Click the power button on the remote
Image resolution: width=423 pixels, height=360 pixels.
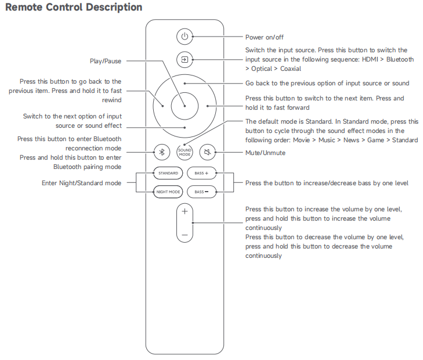point(185,37)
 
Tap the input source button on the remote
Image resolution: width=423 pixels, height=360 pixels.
point(185,60)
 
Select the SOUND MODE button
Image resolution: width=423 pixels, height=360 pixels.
point(185,152)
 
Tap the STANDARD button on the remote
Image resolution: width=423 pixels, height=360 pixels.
point(168,173)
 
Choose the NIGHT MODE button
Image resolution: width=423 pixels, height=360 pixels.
point(168,192)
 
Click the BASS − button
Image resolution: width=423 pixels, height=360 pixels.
point(201,192)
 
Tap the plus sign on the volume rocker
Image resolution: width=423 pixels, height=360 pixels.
point(185,211)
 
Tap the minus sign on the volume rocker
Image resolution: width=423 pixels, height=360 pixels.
point(185,236)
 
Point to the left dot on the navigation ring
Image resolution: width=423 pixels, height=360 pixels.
point(163,106)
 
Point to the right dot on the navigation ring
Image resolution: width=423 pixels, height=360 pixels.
point(207,106)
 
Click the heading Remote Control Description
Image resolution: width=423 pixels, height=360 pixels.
point(74,8)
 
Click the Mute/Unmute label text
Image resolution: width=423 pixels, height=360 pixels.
point(265,153)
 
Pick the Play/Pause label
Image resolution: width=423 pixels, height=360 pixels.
point(105,61)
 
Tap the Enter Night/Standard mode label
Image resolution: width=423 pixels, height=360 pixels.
point(81,183)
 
